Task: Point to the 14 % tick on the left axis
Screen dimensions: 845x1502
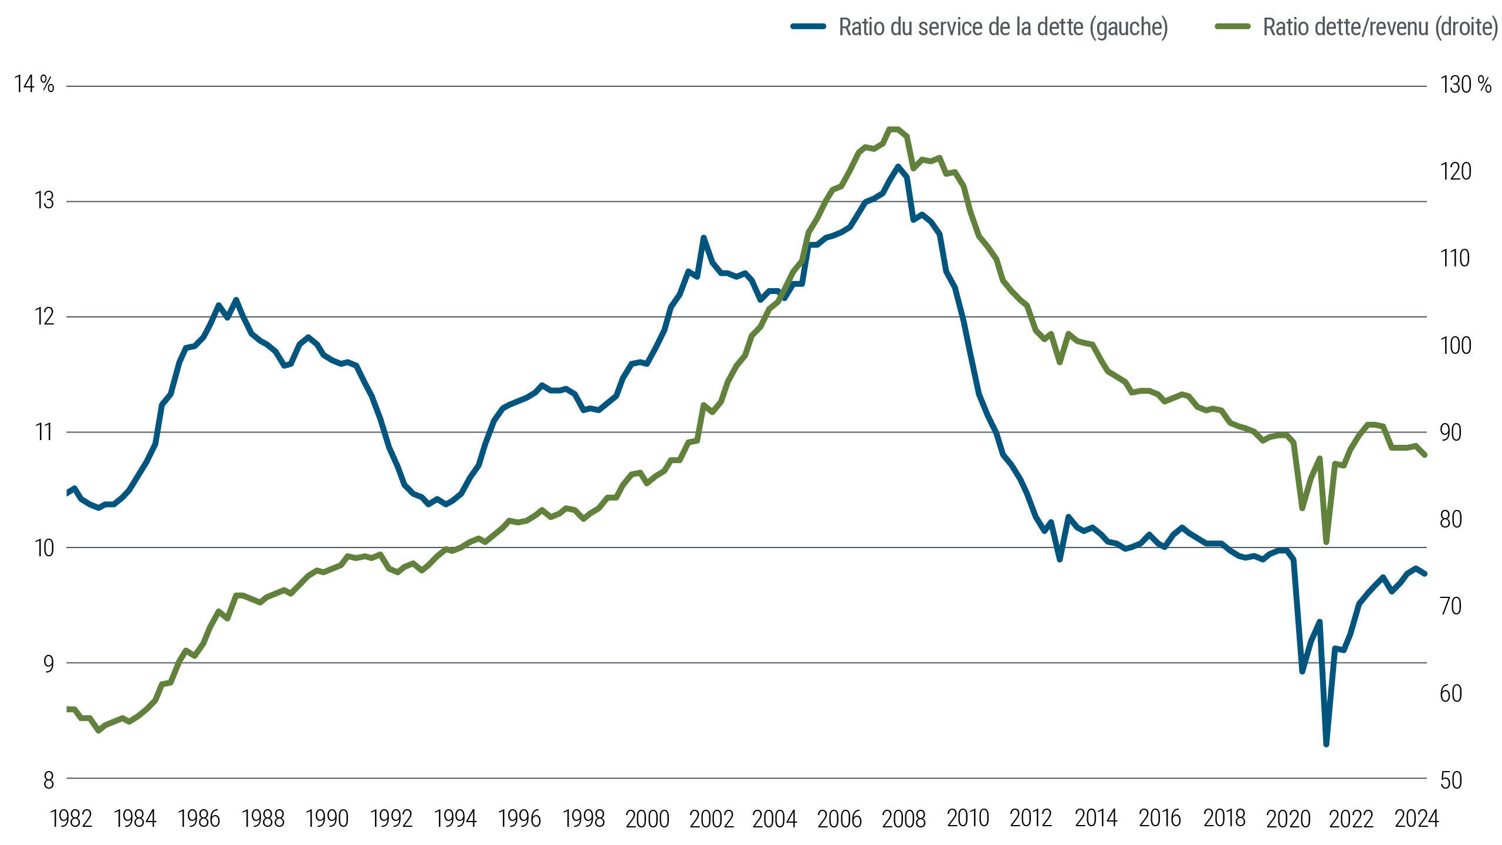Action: (x=34, y=85)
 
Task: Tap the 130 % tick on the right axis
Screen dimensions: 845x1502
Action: (x=1465, y=85)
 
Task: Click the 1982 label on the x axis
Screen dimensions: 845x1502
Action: (x=71, y=819)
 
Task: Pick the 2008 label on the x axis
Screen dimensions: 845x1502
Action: (x=904, y=819)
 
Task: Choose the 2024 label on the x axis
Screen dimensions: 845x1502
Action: (x=1416, y=819)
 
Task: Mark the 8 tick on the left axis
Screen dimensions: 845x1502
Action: (x=48, y=780)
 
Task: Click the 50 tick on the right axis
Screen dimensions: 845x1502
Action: (x=1450, y=780)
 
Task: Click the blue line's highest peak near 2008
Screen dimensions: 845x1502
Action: (x=898, y=167)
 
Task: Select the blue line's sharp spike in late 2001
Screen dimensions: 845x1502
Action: (x=703, y=238)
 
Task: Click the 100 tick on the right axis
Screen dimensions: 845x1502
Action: (x=1455, y=346)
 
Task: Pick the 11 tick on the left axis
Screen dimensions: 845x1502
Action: (x=45, y=433)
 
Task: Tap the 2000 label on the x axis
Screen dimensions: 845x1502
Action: (x=647, y=819)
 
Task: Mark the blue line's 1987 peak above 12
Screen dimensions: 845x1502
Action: (x=236, y=300)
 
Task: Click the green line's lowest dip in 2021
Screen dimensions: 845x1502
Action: (x=1326, y=542)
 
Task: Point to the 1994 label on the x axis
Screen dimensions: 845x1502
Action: (x=455, y=819)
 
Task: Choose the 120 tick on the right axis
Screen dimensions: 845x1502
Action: (x=1455, y=172)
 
